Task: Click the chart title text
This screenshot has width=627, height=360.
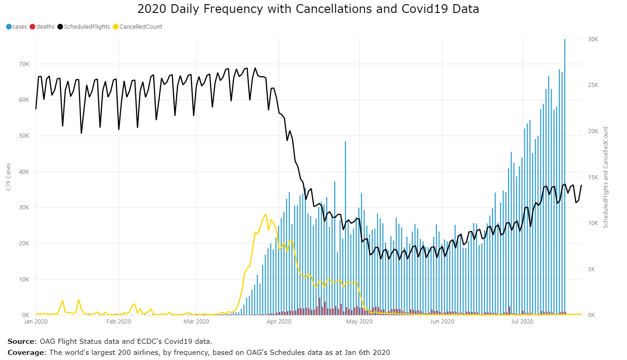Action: [x=308, y=9]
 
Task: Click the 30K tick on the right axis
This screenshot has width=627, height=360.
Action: [x=593, y=40]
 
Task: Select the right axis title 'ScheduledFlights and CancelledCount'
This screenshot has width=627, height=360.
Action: [x=605, y=177]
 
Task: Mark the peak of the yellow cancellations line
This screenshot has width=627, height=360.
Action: [x=266, y=214]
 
